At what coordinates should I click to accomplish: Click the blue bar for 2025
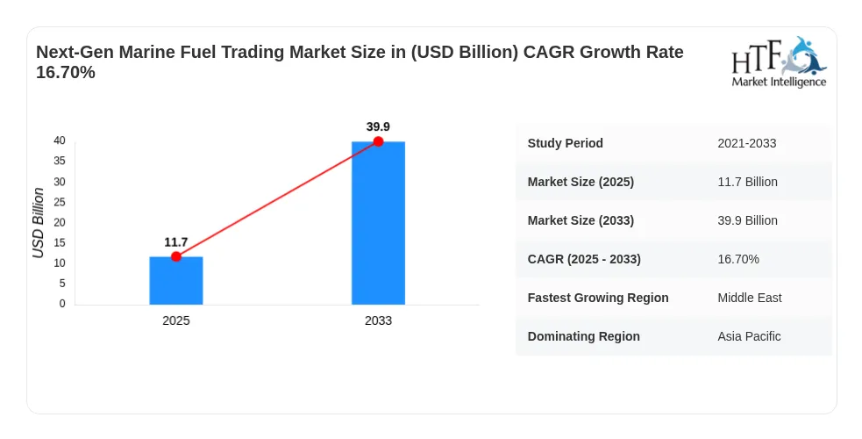click(176, 281)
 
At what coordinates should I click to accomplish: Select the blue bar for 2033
click(378, 223)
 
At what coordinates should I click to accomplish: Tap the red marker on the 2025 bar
click(176, 256)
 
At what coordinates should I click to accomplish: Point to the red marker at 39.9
click(378, 141)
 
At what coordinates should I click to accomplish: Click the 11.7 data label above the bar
click(176, 242)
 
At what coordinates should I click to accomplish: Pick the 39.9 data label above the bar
click(378, 126)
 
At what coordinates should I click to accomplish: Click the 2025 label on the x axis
click(176, 320)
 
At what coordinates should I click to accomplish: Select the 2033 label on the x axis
click(378, 320)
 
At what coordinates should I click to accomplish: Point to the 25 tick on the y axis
click(60, 202)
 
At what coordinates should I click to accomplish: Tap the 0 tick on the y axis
click(62, 304)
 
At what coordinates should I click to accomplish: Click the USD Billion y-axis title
click(38, 223)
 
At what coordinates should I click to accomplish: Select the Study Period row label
click(565, 143)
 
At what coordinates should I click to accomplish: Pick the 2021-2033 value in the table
click(747, 143)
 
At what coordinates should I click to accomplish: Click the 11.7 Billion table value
click(748, 182)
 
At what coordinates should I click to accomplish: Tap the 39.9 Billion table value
click(748, 220)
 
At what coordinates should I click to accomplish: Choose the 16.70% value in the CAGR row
click(738, 259)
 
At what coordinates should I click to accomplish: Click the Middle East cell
click(750, 298)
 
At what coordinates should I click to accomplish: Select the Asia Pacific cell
click(749, 336)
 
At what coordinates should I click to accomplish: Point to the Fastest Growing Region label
click(598, 298)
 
